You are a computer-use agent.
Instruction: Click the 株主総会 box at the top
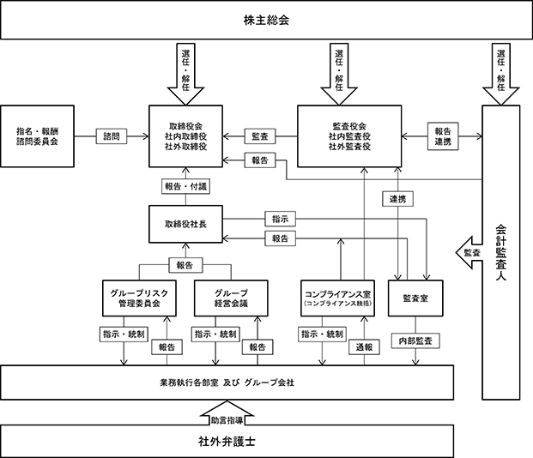point(266,20)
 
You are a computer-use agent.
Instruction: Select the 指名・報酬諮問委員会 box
point(37,136)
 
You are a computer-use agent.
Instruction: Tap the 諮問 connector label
point(112,136)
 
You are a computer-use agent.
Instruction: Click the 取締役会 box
point(185,136)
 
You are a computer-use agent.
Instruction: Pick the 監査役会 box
point(349,136)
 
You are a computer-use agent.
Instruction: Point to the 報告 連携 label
point(443,136)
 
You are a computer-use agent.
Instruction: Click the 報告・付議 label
point(185,186)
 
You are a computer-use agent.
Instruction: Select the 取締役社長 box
point(185,224)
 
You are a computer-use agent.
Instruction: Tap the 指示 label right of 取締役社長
point(280,220)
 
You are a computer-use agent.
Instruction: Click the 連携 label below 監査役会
point(397,199)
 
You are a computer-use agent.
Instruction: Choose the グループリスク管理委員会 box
point(139,298)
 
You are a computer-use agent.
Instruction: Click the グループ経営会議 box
point(231,298)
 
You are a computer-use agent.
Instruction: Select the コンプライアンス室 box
point(338,298)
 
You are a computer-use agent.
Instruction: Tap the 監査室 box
point(415,298)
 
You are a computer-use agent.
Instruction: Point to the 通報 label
point(364,347)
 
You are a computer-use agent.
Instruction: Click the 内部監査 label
point(415,340)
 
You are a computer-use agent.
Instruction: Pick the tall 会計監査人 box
point(501,252)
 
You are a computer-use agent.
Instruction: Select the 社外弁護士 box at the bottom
point(227,441)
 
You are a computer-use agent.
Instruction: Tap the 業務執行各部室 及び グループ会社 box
point(227,383)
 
